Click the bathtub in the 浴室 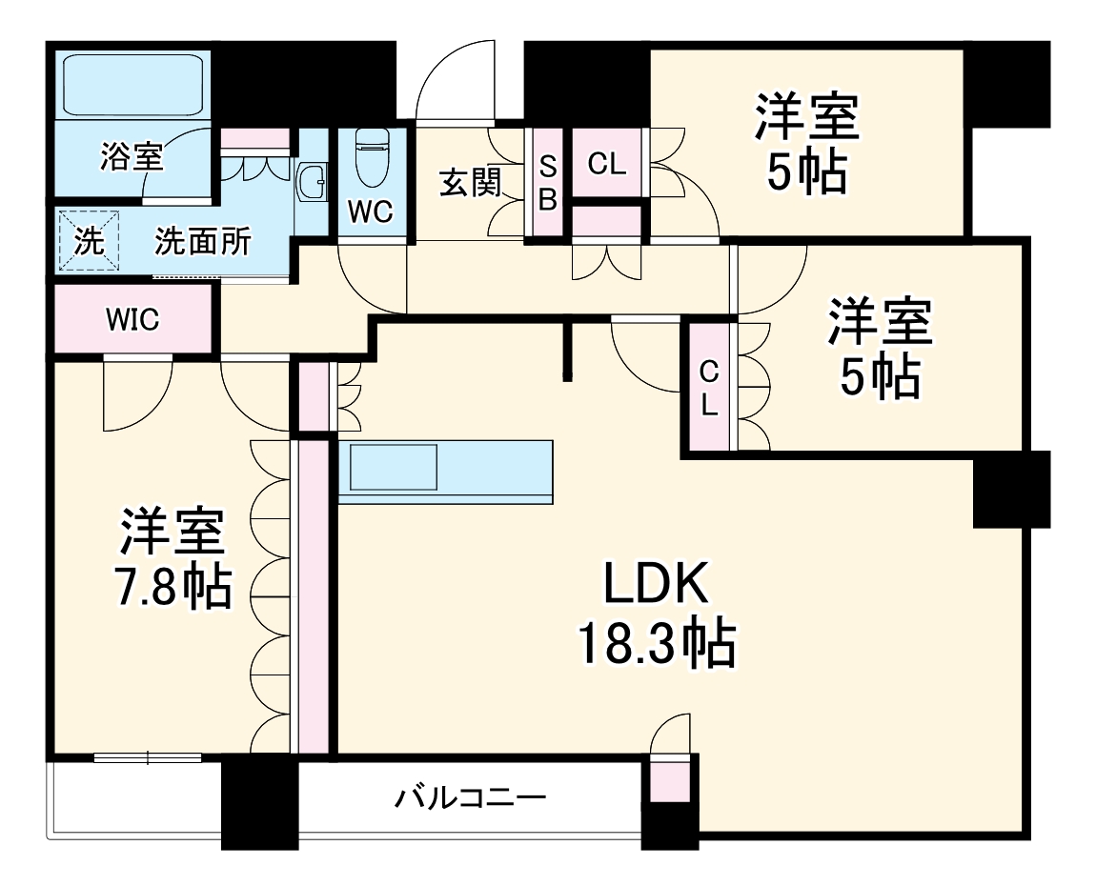click(132, 87)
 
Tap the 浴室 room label click(132, 156)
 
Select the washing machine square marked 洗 click(89, 242)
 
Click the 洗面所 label click(203, 242)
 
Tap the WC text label click(370, 211)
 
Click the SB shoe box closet click(548, 183)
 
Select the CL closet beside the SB click(607, 164)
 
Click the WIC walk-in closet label click(132, 320)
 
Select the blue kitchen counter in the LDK click(446, 472)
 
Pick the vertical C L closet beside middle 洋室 click(707, 387)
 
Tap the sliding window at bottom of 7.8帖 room click(148, 757)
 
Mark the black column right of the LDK click(1010, 491)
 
